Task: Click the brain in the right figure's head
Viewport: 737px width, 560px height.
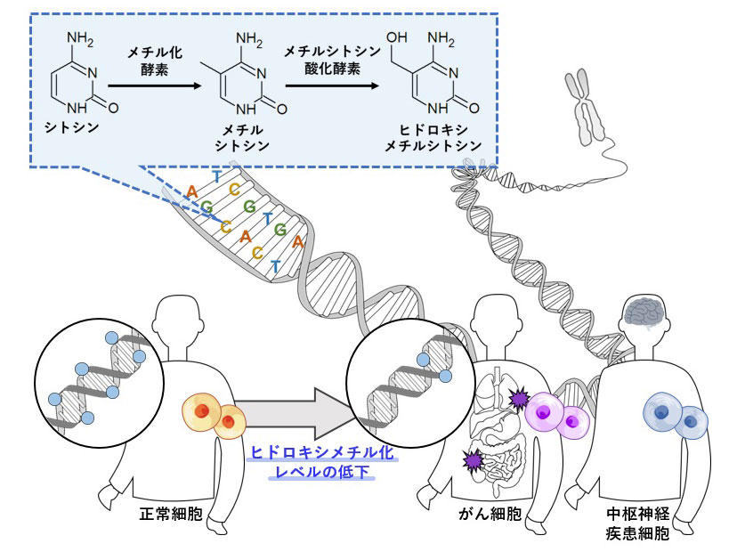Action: pos(647,312)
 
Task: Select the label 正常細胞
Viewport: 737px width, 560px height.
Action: pos(166,515)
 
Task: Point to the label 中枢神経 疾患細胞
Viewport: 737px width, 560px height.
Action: pos(637,524)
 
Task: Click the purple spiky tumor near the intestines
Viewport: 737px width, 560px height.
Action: pos(473,459)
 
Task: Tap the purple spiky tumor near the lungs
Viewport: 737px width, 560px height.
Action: pos(518,400)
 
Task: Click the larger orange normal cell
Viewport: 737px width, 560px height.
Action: pos(204,410)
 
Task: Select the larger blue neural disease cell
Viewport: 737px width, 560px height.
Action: pos(664,413)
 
